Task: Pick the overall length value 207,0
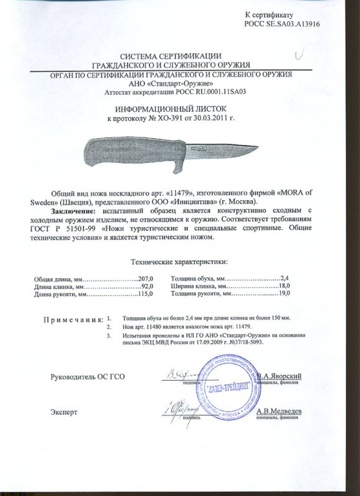click(x=143, y=280)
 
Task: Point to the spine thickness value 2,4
click(x=285, y=280)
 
